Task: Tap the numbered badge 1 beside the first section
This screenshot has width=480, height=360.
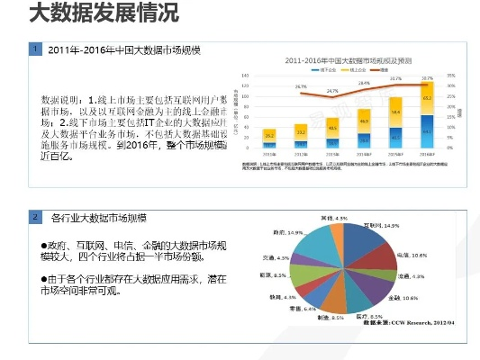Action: pos(34,49)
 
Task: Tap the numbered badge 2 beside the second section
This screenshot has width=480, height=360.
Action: pos(34,218)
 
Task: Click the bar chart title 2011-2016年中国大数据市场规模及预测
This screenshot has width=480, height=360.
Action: pos(350,60)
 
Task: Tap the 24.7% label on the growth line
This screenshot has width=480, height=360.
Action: pos(332,91)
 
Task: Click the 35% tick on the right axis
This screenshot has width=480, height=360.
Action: pos(452,76)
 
